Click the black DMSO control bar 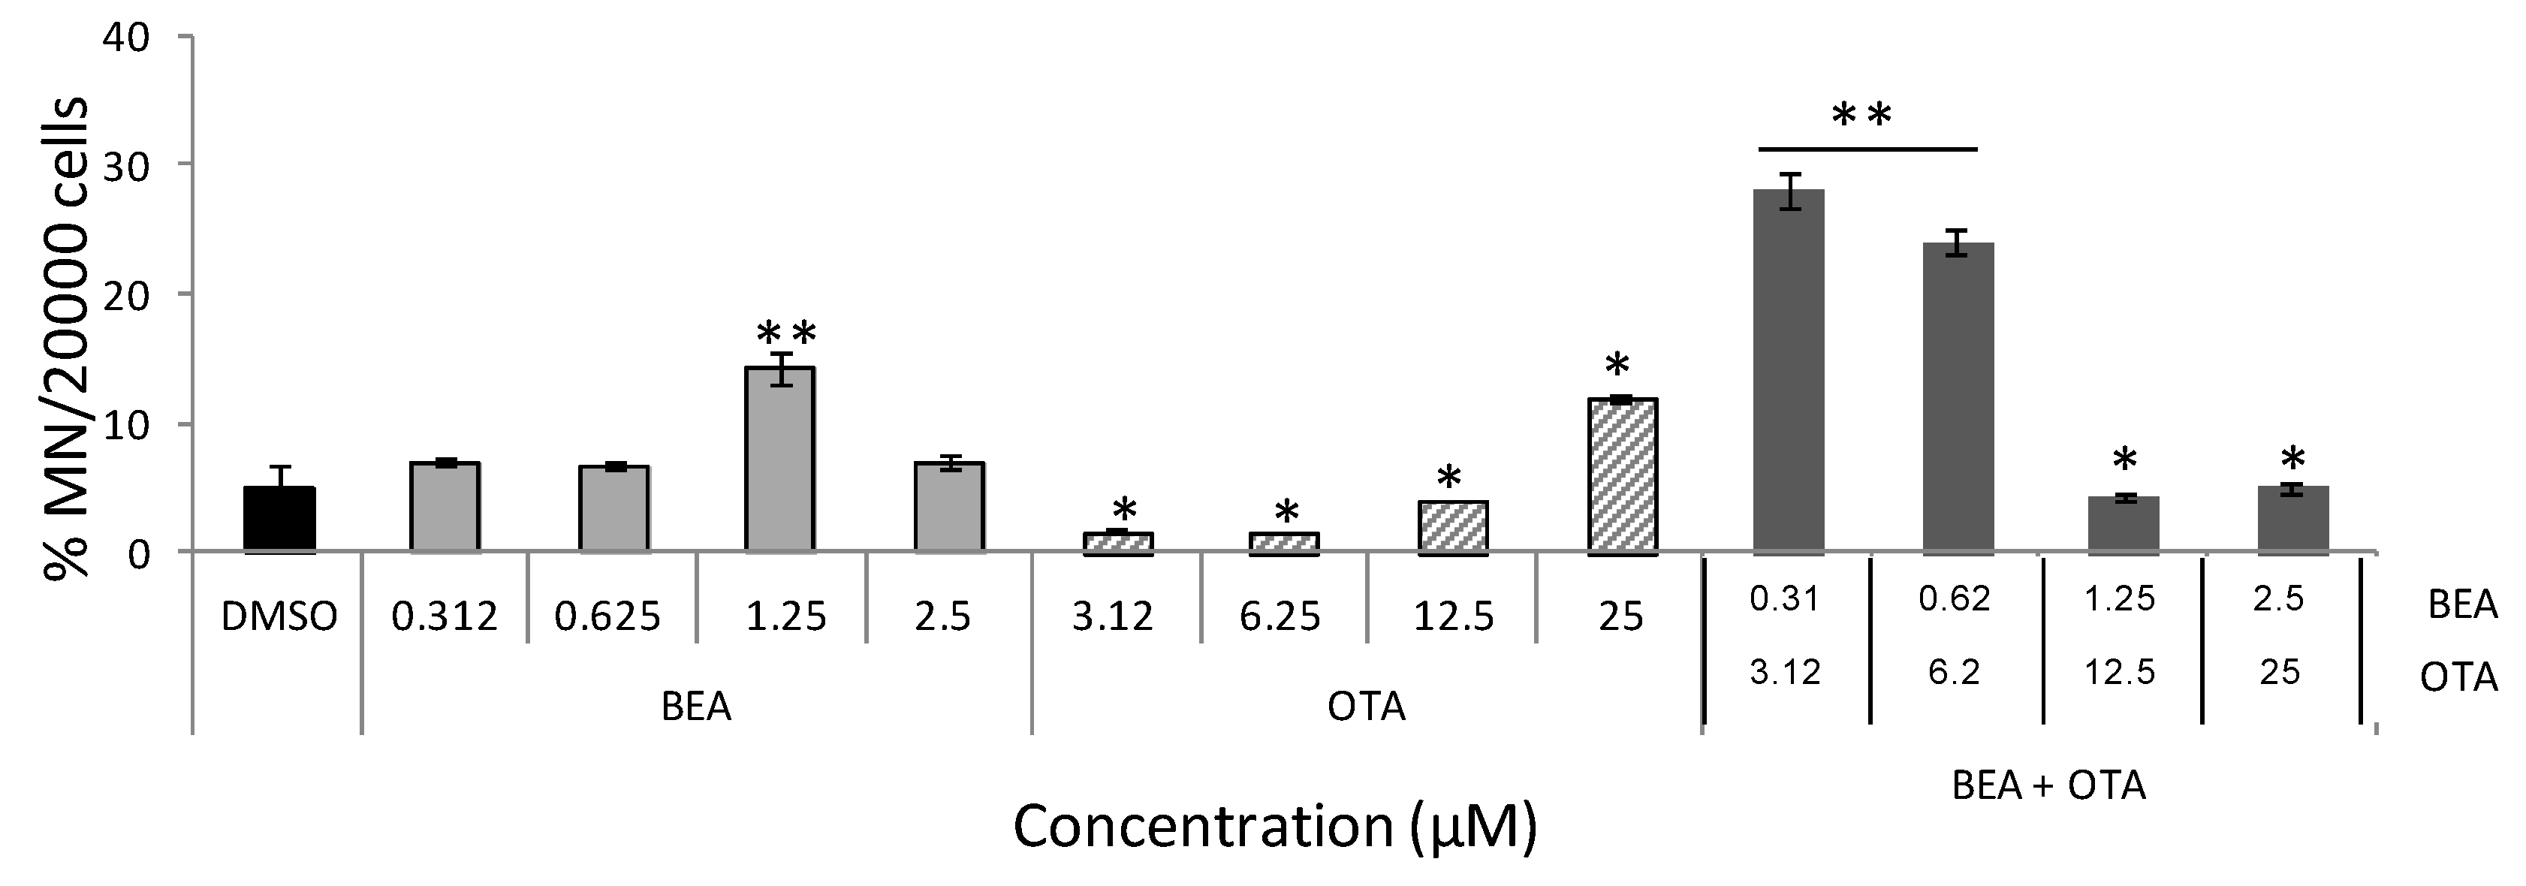point(279,520)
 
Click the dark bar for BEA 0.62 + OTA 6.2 point(1958,397)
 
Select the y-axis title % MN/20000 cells point(67,338)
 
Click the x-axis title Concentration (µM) point(1274,826)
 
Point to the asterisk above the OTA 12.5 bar point(1449,479)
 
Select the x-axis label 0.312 point(445,616)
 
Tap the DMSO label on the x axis point(279,616)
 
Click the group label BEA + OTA point(2048,786)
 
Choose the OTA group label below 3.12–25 point(1366,706)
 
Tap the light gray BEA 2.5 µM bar point(949,507)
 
